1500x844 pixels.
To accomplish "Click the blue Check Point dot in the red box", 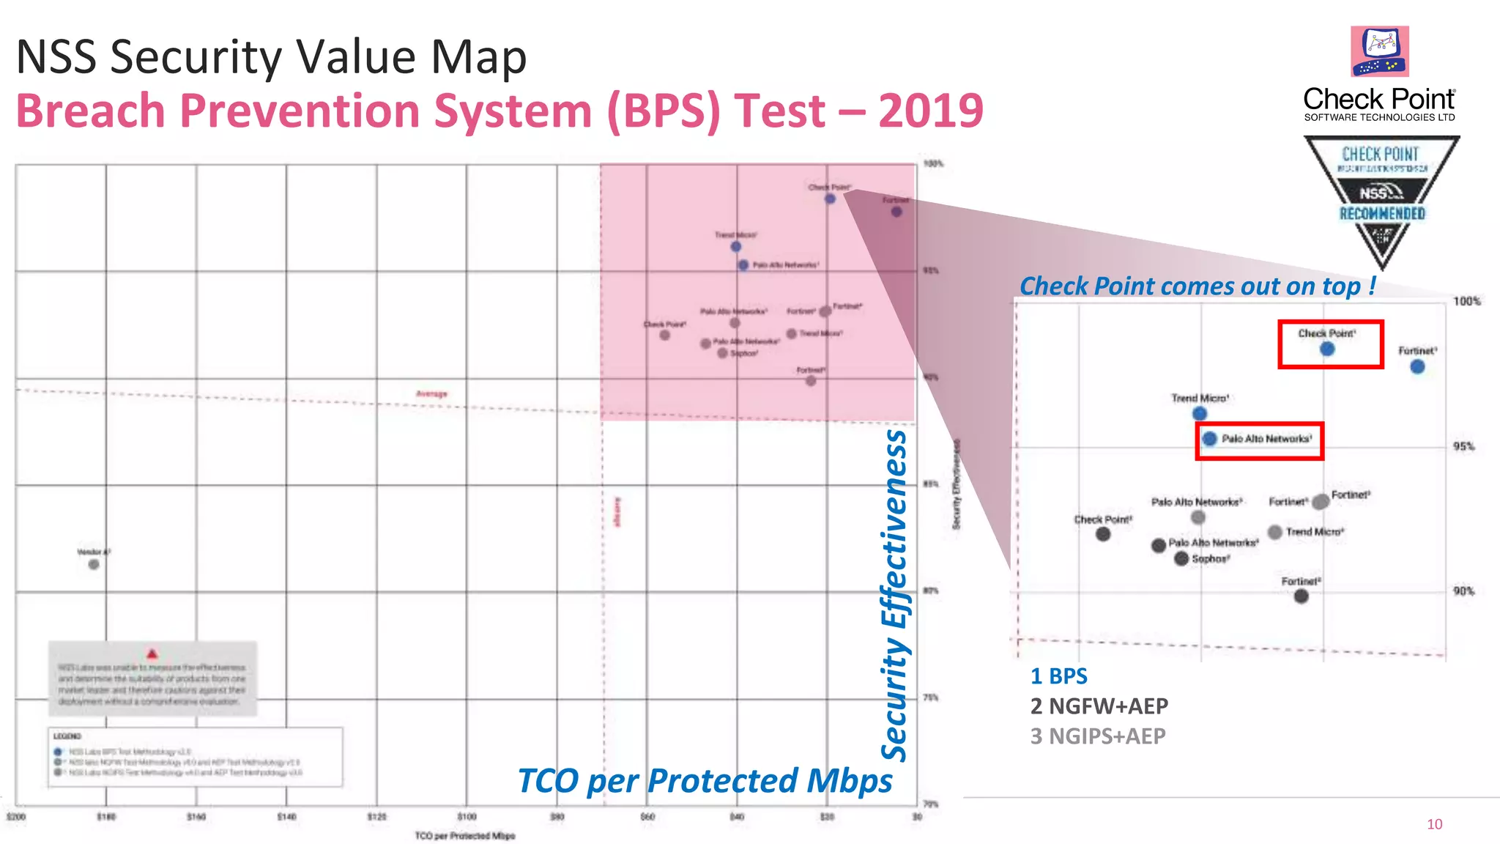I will (1327, 349).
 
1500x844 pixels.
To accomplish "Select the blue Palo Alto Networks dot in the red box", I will (1209, 438).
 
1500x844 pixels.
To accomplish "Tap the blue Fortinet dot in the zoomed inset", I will (1417, 366).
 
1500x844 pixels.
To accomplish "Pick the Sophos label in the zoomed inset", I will (1210, 559).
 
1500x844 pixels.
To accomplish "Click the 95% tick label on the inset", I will (1463, 446).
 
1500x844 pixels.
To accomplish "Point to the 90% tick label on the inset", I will (1463, 591).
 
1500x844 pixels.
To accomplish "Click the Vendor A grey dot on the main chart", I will (94, 564).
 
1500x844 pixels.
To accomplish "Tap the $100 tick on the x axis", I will (467, 816).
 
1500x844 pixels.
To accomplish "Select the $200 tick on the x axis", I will (16, 816).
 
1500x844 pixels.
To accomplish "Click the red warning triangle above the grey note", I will (152, 654).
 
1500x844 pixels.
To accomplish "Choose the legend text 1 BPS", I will (1058, 676).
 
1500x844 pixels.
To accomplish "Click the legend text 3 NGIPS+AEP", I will (1097, 736).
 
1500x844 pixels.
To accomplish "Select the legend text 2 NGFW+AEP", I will (1099, 706).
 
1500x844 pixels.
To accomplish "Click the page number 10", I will (1434, 824).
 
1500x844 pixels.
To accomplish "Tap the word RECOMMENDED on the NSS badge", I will (1382, 214).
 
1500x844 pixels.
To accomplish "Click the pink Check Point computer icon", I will (1380, 51).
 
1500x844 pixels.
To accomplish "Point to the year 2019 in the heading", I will (930, 111).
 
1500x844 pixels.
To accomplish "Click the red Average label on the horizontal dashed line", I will (431, 394).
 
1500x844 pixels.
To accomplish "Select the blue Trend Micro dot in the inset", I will (1200, 413).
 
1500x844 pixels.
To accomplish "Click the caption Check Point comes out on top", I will (1198, 286).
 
